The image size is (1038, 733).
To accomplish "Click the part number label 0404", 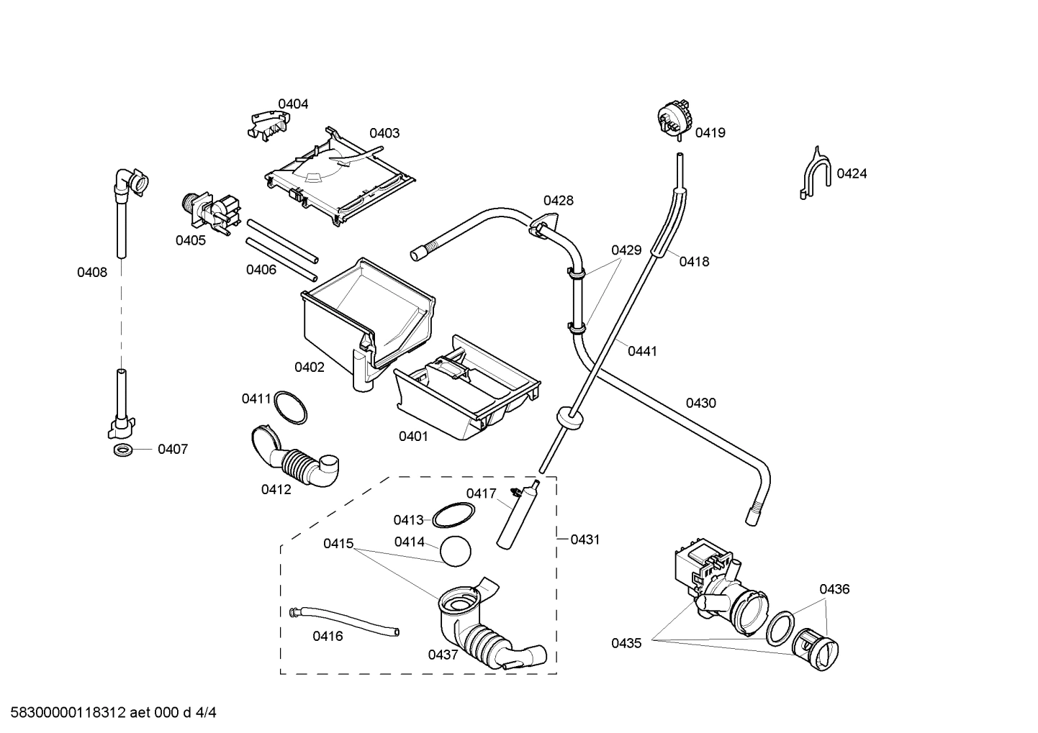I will tap(293, 104).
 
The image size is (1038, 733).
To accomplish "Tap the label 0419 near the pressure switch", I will tap(710, 133).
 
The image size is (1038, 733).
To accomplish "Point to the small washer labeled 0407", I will tap(122, 450).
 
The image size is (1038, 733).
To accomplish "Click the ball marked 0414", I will tap(455, 552).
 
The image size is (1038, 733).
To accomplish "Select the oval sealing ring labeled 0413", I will tap(453, 515).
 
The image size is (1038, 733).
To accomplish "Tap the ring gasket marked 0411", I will tap(290, 408).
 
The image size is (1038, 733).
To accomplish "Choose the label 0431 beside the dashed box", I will tap(585, 539).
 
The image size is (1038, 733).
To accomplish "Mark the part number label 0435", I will tap(626, 644).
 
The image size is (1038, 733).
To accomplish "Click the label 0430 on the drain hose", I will tap(700, 404).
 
